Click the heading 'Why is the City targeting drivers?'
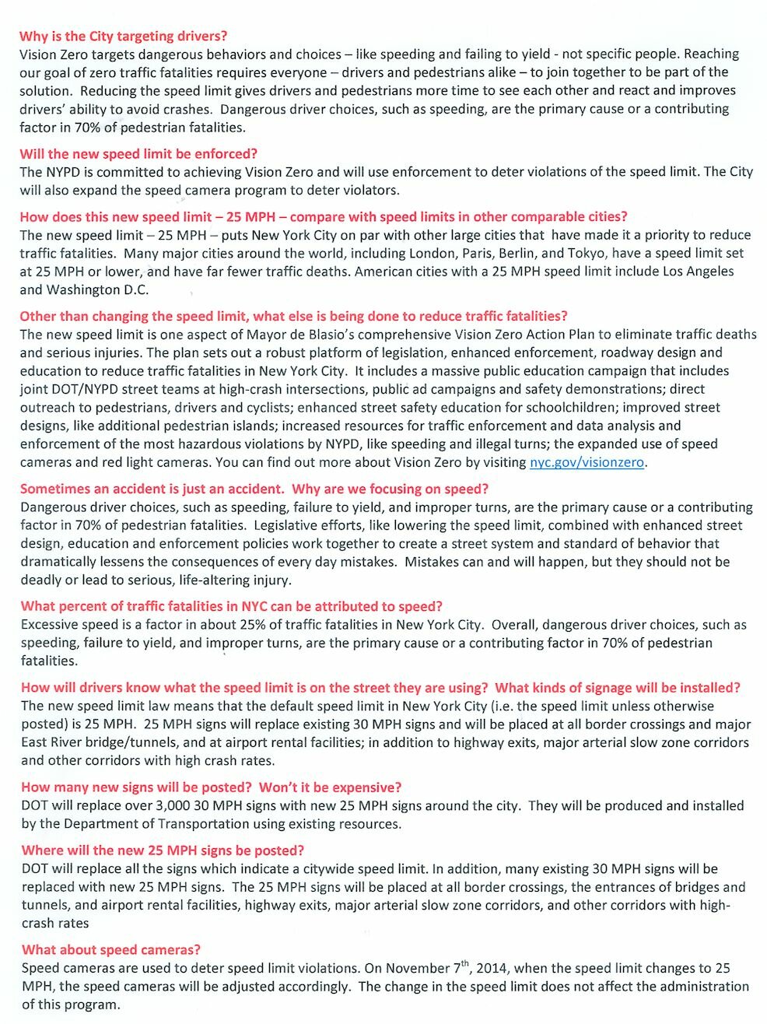click(x=124, y=36)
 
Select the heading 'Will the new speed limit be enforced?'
click(x=138, y=153)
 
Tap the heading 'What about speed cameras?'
click(x=111, y=949)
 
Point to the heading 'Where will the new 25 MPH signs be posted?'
click(x=163, y=850)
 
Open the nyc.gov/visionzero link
click(x=587, y=462)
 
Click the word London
click(x=432, y=253)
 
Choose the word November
click(x=419, y=969)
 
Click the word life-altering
click(x=250, y=580)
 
